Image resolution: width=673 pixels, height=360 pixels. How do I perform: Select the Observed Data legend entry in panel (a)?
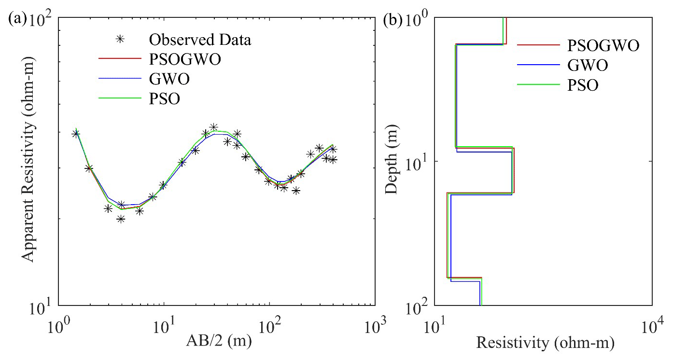tap(200, 40)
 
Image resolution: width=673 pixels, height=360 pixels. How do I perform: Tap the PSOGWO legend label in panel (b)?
tap(603, 46)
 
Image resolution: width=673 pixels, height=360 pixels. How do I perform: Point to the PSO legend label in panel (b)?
tap(583, 85)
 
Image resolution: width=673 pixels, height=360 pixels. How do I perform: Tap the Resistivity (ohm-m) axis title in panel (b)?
tap(545, 343)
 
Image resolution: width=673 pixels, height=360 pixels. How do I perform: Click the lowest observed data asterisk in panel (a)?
tap(121, 219)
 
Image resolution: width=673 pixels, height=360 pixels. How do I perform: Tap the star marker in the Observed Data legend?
tap(115, 40)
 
